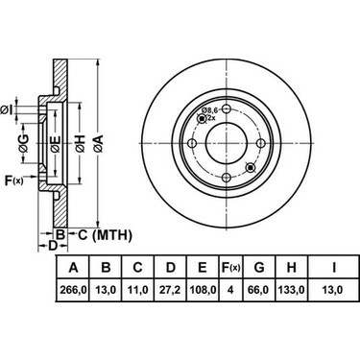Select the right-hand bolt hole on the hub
(259, 145)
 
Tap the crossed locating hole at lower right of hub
(251, 168)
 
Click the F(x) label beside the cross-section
(14, 180)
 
